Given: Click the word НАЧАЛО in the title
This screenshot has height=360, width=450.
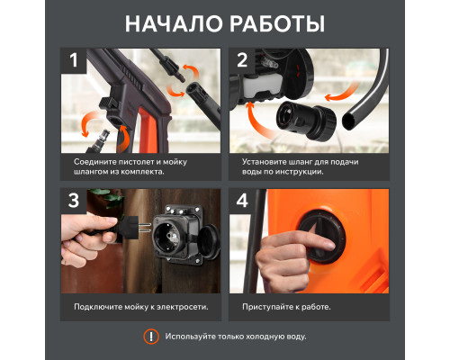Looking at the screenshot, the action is click(174, 24).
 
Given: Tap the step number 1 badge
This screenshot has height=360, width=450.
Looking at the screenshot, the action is click(74, 60).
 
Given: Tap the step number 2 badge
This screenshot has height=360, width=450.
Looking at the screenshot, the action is click(242, 60).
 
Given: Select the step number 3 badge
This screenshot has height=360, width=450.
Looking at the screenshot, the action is click(74, 201).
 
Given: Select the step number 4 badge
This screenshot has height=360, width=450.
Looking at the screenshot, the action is click(242, 201).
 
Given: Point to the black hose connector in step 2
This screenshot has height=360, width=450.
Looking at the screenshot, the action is click(306, 120).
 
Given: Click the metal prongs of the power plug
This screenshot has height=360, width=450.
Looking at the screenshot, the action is click(146, 229).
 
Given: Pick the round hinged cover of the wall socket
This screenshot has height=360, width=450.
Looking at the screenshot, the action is click(210, 241).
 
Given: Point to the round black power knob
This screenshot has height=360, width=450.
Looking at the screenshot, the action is click(322, 237).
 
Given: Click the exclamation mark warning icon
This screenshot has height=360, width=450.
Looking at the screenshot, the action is click(151, 337).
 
